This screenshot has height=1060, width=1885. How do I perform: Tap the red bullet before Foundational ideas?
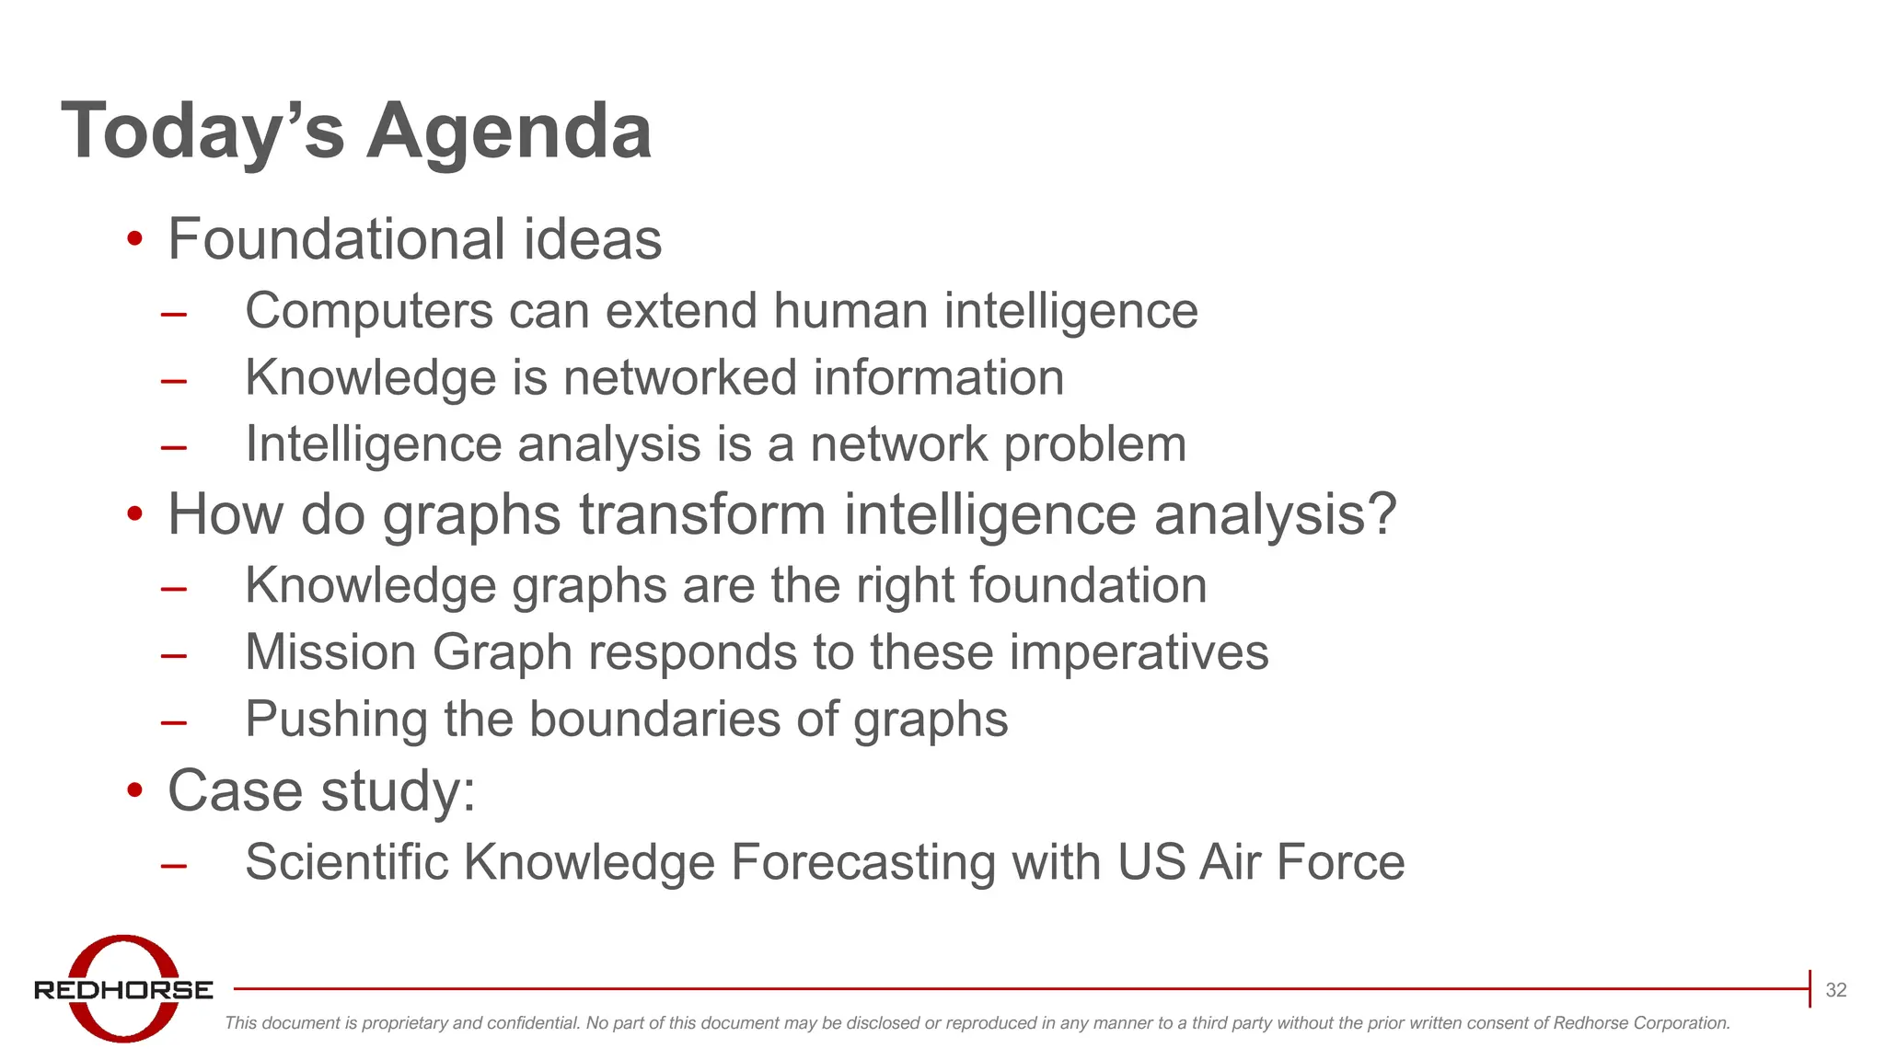[135, 240]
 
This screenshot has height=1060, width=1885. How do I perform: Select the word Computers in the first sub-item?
[369, 311]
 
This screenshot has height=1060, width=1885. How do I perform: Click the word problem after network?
[1094, 445]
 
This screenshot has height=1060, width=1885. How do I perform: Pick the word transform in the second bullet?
[702, 514]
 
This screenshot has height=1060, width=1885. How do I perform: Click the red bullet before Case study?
[135, 790]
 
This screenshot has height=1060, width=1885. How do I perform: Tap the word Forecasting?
[862, 863]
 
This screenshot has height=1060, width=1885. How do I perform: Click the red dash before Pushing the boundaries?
[173, 723]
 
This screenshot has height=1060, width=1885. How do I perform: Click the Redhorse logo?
[123, 989]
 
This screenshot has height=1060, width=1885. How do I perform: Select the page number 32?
[1835, 990]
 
